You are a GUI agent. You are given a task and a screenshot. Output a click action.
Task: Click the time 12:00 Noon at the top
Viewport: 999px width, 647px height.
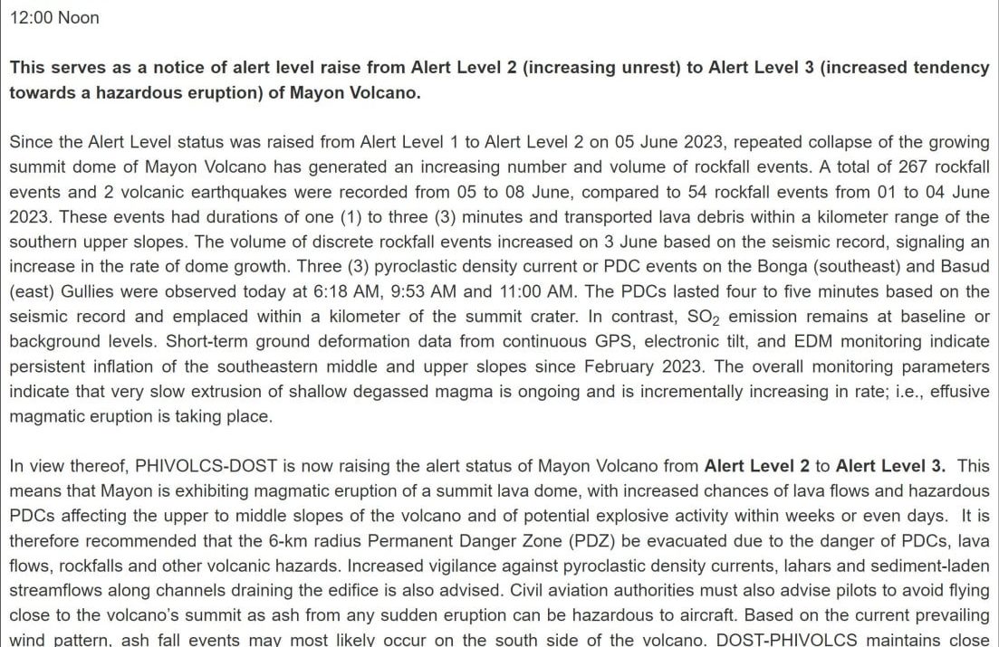point(54,18)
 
